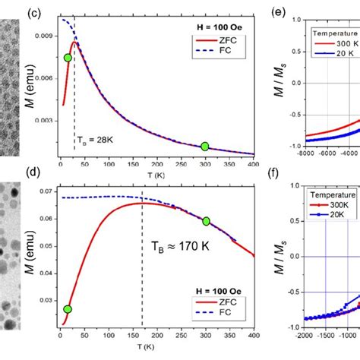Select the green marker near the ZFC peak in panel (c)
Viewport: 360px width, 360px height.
pos(68,58)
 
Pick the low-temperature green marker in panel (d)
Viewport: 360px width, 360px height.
pos(68,309)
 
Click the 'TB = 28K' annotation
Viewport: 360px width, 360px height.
pos(93,140)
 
